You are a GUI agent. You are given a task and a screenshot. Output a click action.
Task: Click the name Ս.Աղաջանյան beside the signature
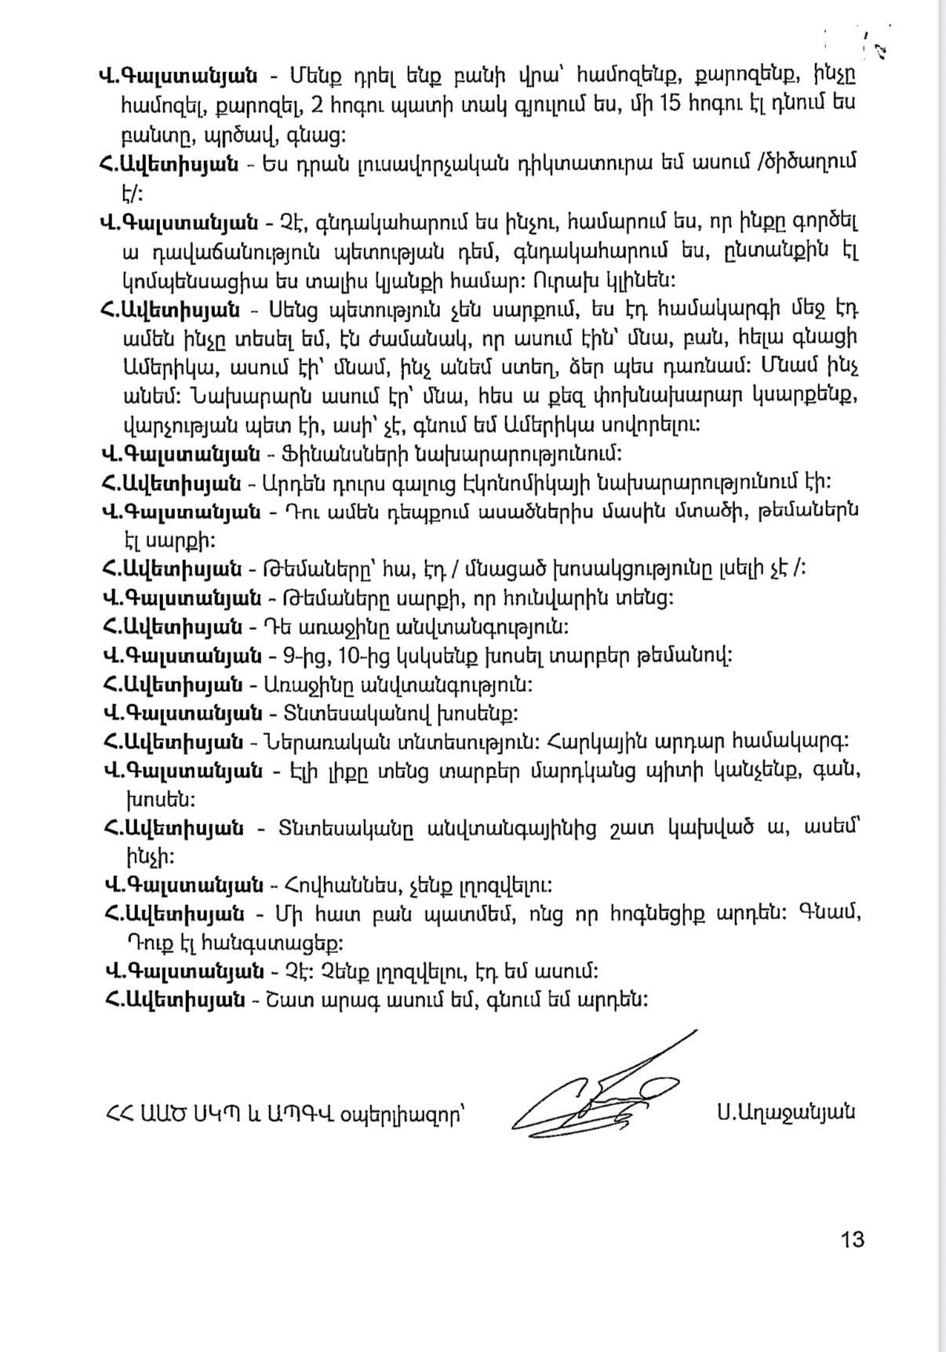pos(785,1112)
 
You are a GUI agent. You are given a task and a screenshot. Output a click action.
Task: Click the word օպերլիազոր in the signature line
pos(402,1114)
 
